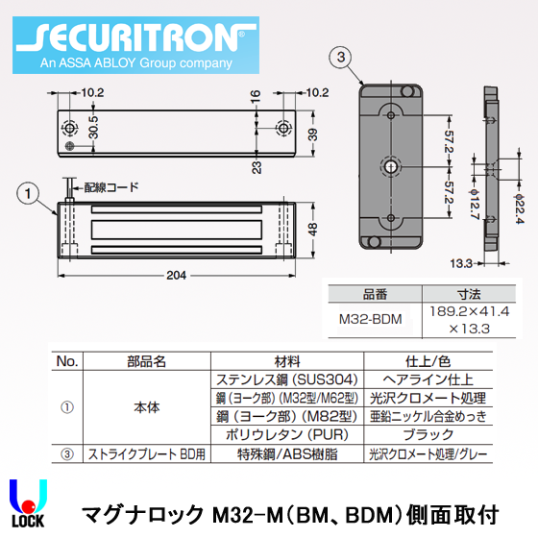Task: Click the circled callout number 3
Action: pyautogui.click(x=339, y=59)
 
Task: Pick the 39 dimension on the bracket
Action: pyautogui.click(x=310, y=134)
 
